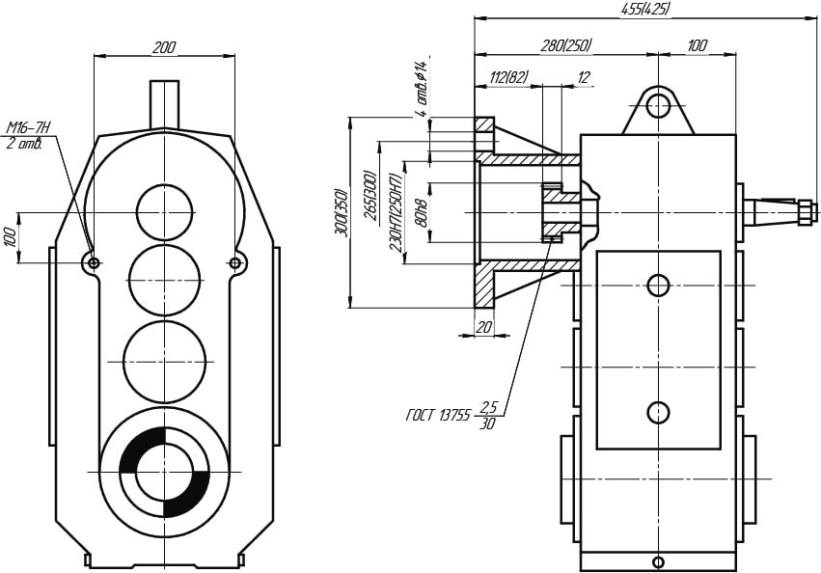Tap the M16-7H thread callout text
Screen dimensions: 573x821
coord(28,127)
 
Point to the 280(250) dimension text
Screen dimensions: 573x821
coord(565,45)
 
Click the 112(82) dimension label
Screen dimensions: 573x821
coord(509,78)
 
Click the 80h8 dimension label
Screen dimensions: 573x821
coord(419,211)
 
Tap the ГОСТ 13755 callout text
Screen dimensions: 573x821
coord(438,417)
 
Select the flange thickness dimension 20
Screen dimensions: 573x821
coord(484,328)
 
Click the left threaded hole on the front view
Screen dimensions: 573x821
coord(94,262)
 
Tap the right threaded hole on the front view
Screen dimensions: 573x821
coord(235,262)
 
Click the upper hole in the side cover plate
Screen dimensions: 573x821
coord(658,286)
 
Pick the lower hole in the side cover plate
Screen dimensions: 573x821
coord(658,412)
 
